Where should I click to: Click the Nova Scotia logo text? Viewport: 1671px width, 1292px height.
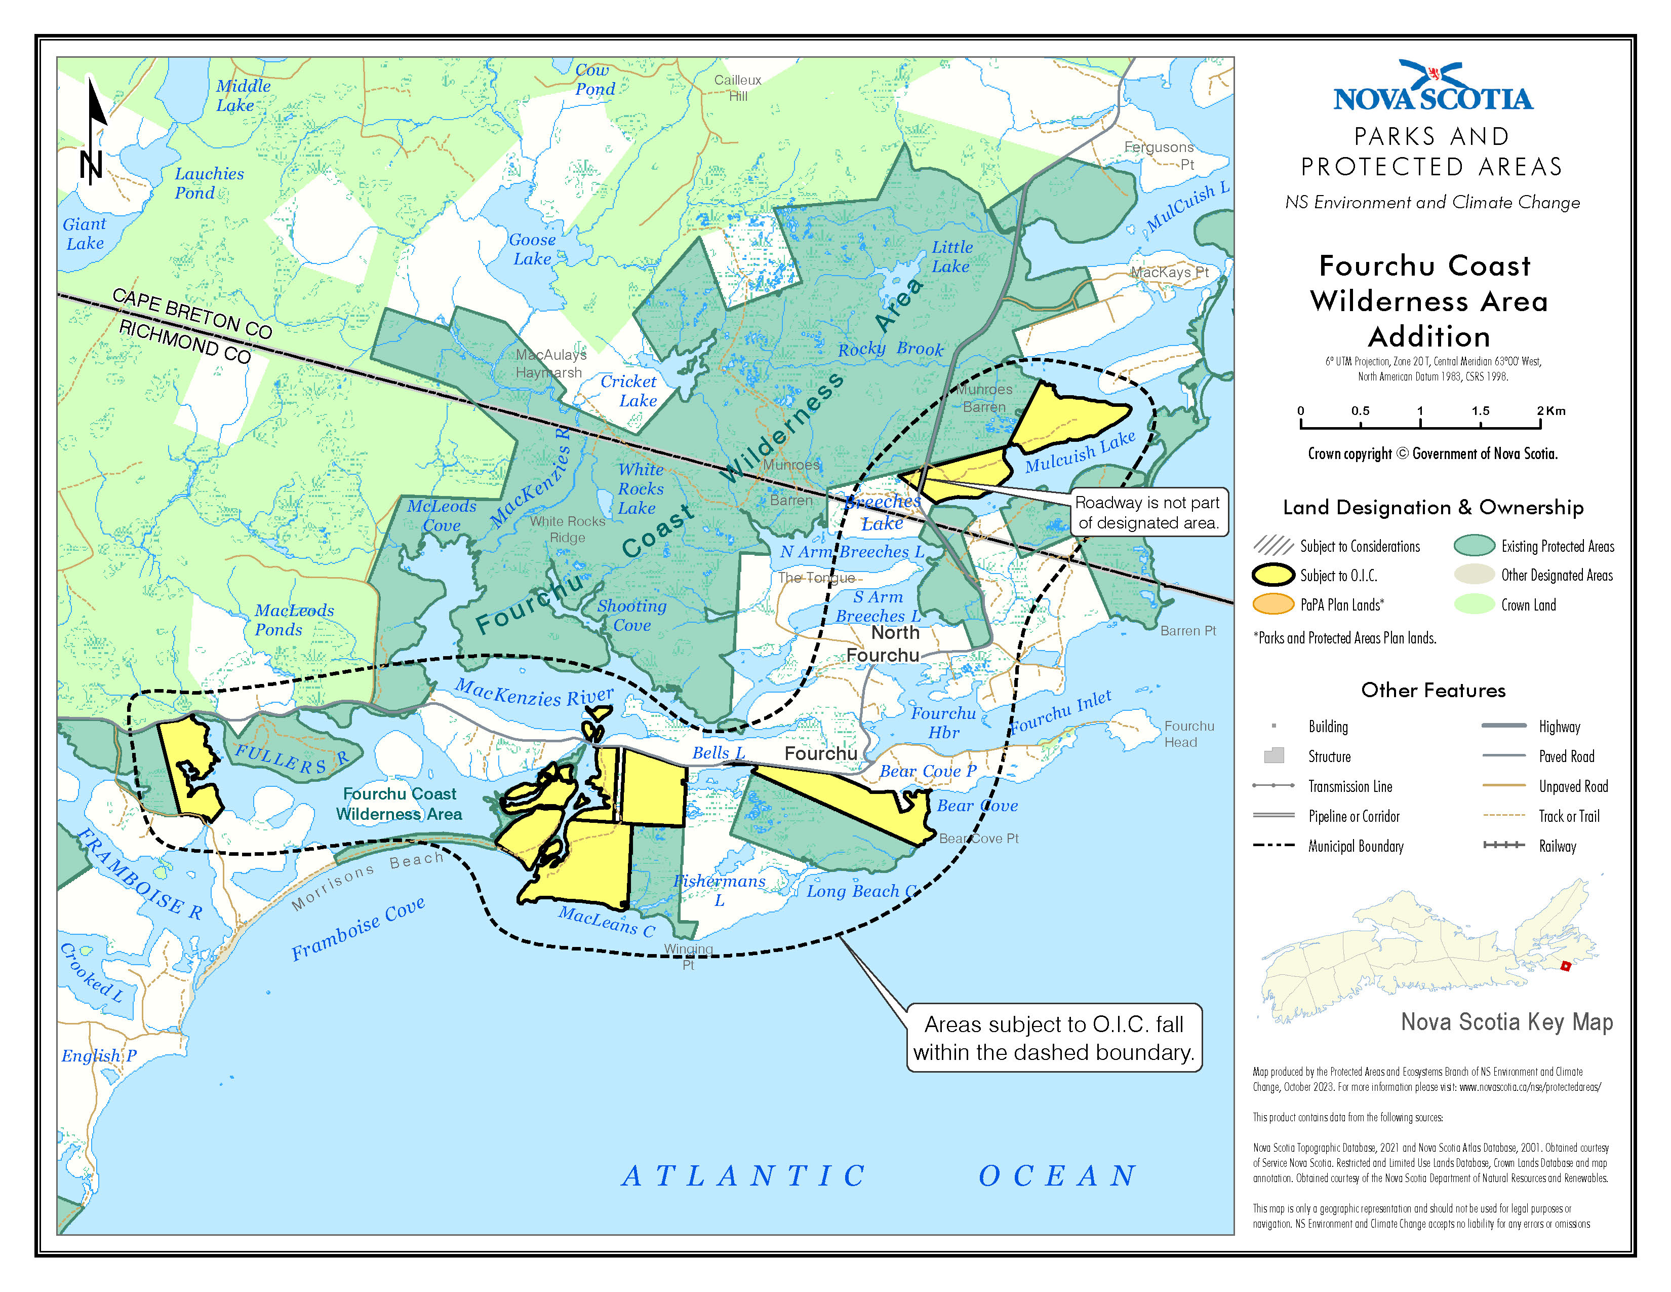[1433, 98]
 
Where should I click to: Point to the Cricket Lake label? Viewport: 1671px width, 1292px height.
[629, 390]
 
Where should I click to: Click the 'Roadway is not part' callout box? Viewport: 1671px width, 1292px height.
[1147, 512]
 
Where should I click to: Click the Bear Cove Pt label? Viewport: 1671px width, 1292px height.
[979, 838]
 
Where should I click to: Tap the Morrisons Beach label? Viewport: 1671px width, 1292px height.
[367, 880]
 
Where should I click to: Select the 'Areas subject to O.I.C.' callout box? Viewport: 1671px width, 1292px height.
[1054, 1038]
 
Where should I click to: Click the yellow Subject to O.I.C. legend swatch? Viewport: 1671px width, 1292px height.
[1272, 575]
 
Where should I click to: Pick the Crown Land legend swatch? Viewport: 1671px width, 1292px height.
[1474, 604]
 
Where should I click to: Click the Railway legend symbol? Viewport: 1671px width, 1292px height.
[1503, 845]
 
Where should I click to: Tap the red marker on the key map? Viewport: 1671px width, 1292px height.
[1565, 966]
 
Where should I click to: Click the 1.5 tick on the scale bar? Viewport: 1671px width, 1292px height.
[1480, 423]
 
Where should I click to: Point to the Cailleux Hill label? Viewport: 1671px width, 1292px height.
[738, 87]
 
